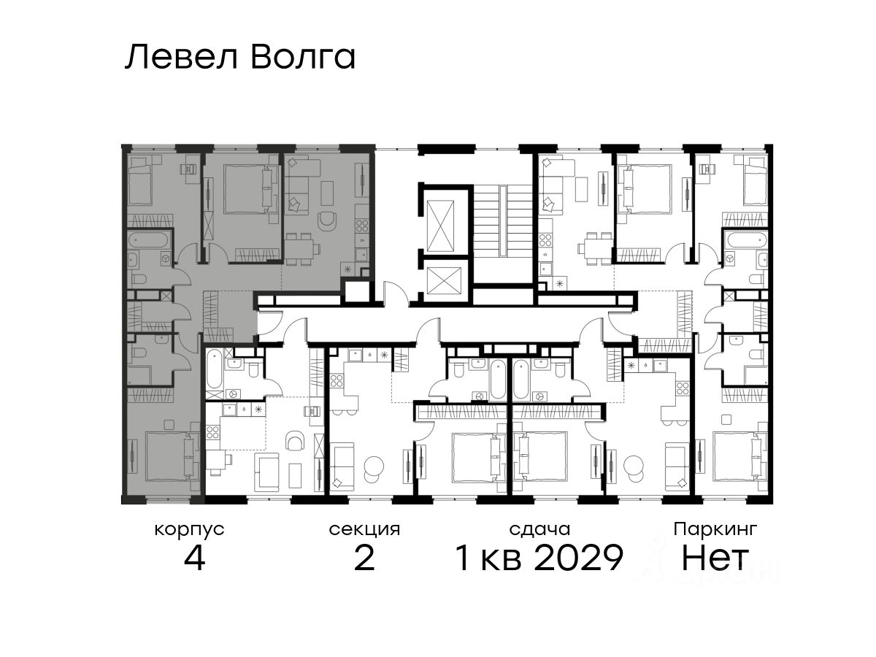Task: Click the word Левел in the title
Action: (x=181, y=58)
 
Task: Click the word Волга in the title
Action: (x=303, y=57)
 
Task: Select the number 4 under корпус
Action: (x=194, y=558)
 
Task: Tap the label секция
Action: (x=364, y=530)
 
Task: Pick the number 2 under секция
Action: (x=364, y=558)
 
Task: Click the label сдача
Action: (x=539, y=530)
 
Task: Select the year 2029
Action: (x=578, y=558)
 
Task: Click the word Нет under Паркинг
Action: (x=715, y=558)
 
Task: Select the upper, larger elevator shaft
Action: (x=440, y=226)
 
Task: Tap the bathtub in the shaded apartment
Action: (x=148, y=241)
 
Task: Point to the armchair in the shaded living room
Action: (x=327, y=222)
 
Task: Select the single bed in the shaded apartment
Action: (x=138, y=180)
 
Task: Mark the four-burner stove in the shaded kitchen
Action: (x=362, y=226)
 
